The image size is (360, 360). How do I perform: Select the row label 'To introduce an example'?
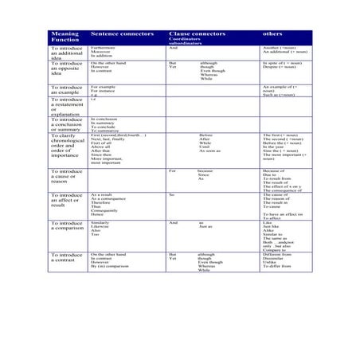[66, 89]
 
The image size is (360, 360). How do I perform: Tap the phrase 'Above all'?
[100, 147]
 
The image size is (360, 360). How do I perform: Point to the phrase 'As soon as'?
[209, 151]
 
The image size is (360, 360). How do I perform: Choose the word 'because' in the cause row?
[205, 170]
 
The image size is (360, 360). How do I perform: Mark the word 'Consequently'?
[104, 210]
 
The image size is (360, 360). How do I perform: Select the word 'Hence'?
[97, 214]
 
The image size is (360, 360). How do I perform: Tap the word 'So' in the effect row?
[171, 194]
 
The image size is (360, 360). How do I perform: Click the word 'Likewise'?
[100, 227]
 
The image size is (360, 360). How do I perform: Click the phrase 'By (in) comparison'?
[110, 266]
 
